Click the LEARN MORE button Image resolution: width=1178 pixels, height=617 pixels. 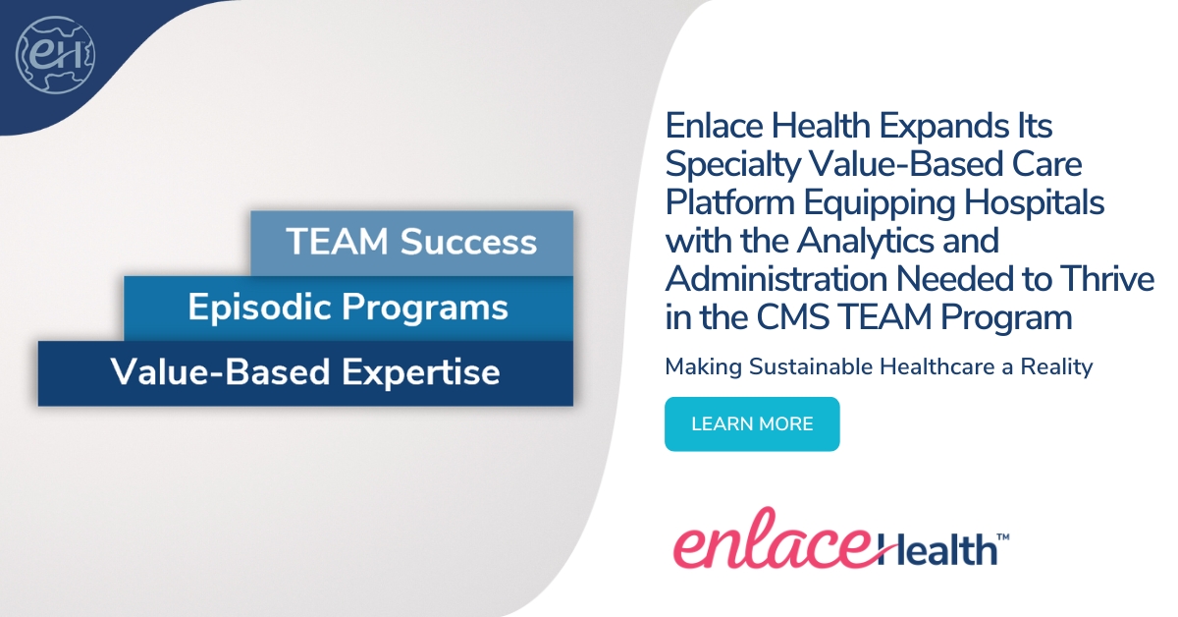tap(752, 424)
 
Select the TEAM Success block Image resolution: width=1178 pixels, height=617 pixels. tap(411, 243)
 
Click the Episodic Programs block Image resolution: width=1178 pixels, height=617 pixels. tap(348, 308)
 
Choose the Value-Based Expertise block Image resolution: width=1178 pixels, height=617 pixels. tap(305, 373)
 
